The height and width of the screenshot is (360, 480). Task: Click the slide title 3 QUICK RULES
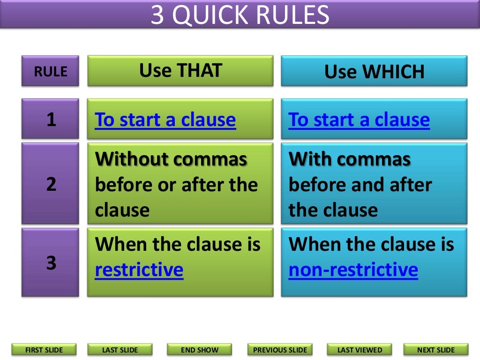pyautogui.click(x=240, y=15)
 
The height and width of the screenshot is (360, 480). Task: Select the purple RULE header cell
pyautogui.click(x=50, y=71)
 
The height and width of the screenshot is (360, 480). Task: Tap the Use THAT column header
pyautogui.click(x=180, y=70)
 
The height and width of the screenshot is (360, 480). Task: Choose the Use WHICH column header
pyautogui.click(x=374, y=71)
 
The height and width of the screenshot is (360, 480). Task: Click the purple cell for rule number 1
pyautogui.click(x=50, y=120)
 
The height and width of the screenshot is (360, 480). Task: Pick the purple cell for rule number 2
pyautogui.click(x=50, y=184)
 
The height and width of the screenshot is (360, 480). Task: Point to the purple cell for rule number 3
pyautogui.click(x=50, y=262)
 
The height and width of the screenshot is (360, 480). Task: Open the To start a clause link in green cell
pyautogui.click(x=165, y=120)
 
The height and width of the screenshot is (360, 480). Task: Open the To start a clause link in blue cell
pyautogui.click(x=359, y=120)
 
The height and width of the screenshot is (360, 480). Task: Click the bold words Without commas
pyautogui.click(x=171, y=159)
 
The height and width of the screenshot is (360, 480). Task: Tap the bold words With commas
pyautogui.click(x=349, y=159)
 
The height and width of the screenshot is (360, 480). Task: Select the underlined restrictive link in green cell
pyautogui.click(x=139, y=270)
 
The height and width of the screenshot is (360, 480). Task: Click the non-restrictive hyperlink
pyautogui.click(x=353, y=270)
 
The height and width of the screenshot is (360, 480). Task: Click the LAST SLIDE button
pyautogui.click(x=120, y=350)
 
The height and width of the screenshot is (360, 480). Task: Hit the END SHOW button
pyautogui.click(x=199, y=350)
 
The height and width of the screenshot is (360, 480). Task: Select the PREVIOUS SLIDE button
pyautogui.click(x=280, y=350)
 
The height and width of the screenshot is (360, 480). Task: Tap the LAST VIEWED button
pyautogui.click(x=360, y=350)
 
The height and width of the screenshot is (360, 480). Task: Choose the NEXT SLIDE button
pyautogui.click(x=435, y=350)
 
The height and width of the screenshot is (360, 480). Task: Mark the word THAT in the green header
pyautogui.click(x=200, y=70)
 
